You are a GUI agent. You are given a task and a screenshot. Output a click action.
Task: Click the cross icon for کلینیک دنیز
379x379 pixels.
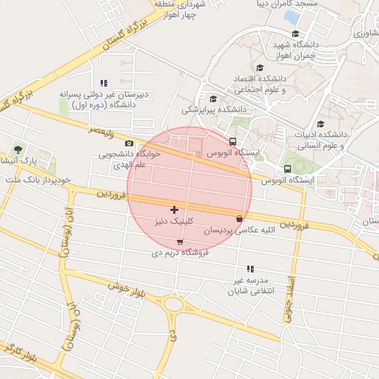point(174,210)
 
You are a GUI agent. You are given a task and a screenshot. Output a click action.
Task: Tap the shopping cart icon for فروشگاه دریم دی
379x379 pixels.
point(180,242)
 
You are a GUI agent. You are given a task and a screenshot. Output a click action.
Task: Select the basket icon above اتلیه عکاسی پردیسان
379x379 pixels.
point(239,219)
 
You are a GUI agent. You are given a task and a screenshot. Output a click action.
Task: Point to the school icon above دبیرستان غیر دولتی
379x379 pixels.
point(104,83)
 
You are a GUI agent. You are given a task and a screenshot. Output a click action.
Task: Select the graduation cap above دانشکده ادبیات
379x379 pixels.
point(321,124)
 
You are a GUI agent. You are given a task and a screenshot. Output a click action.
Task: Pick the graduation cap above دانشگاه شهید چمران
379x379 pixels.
point(295,34)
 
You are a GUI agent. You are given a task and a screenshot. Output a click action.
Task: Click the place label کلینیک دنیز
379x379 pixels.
point(175,221)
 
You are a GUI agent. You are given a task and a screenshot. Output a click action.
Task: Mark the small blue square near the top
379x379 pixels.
point(292,16)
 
